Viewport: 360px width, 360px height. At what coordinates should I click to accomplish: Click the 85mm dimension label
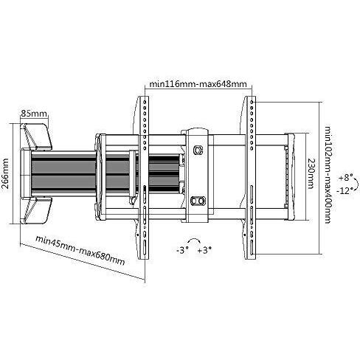click(34, 114)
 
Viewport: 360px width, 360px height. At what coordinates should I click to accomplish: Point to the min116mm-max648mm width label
click(196, 86)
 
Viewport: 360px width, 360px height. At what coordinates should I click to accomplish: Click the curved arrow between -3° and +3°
click(194, 241)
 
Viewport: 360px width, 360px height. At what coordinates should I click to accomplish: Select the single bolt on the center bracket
click(196, 149)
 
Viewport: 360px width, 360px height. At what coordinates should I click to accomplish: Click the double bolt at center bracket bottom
click(197, 201)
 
